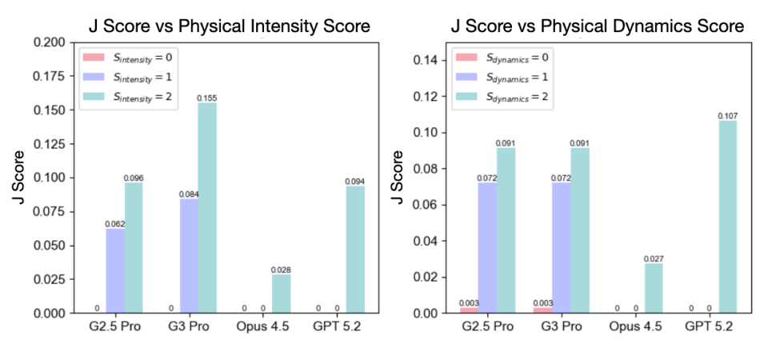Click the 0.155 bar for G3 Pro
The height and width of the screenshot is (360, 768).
(208, 208)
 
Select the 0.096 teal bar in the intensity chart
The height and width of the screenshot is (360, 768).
(134, 248)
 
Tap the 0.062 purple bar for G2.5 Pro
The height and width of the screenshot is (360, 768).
(115, 271)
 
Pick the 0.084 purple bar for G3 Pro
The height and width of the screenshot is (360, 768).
(189, 256)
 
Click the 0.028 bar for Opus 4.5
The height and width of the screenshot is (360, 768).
(282, 294)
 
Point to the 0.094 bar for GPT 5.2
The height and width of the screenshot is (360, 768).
(355, 250)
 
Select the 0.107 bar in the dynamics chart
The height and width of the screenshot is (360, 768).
(727, 217)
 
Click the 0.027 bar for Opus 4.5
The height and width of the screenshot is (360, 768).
(654, 289)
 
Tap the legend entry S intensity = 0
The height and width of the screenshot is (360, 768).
(128, 57)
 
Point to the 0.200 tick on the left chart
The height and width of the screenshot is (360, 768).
(49, 42)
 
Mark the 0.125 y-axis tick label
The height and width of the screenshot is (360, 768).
(49, 144)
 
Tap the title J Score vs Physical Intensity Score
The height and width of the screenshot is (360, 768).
(230, 26)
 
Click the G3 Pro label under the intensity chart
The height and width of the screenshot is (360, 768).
(189, 326)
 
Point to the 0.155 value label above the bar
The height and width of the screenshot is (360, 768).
(207, 98)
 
